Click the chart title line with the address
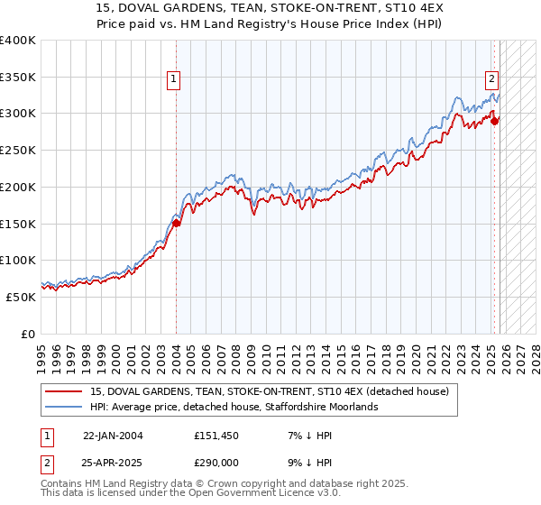270,7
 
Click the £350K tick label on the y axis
18,78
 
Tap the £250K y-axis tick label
18,151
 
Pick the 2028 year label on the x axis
537,353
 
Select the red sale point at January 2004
177,224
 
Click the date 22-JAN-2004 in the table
114,436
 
